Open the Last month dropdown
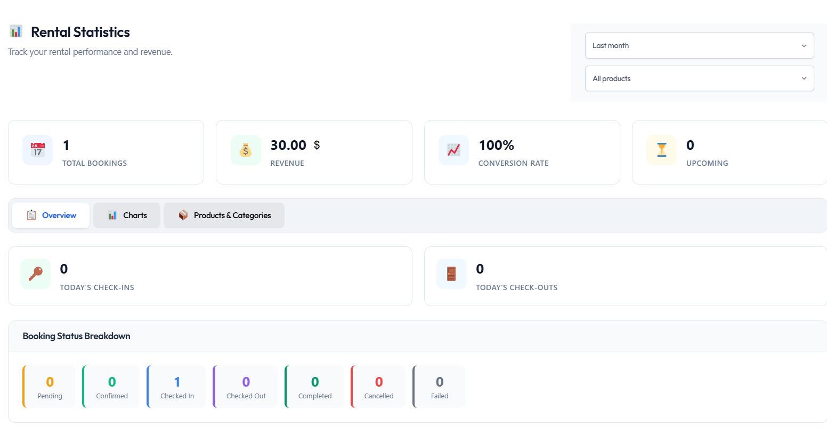click(699, 46)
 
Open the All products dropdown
click(699, 78)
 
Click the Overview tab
click(51, 215)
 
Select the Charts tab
click(127, 215)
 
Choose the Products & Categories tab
click(224, 215)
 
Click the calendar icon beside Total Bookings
click(37, 150)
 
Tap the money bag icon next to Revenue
click(246, 150)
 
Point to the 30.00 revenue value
click(288, 145)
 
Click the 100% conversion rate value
click(496, 145)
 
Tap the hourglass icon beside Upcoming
click(662, 150)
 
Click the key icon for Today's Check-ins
click(36, 274)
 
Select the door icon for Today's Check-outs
click(451, 274)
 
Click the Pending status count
click(50, 382)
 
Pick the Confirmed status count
click(112, 382)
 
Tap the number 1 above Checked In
click(177, 382)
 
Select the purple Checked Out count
click(246, 382)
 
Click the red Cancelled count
click(379, 382)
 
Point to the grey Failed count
click(440, 382)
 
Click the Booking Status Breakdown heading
click(77, 336)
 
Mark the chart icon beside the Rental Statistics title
click(16, 31)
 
